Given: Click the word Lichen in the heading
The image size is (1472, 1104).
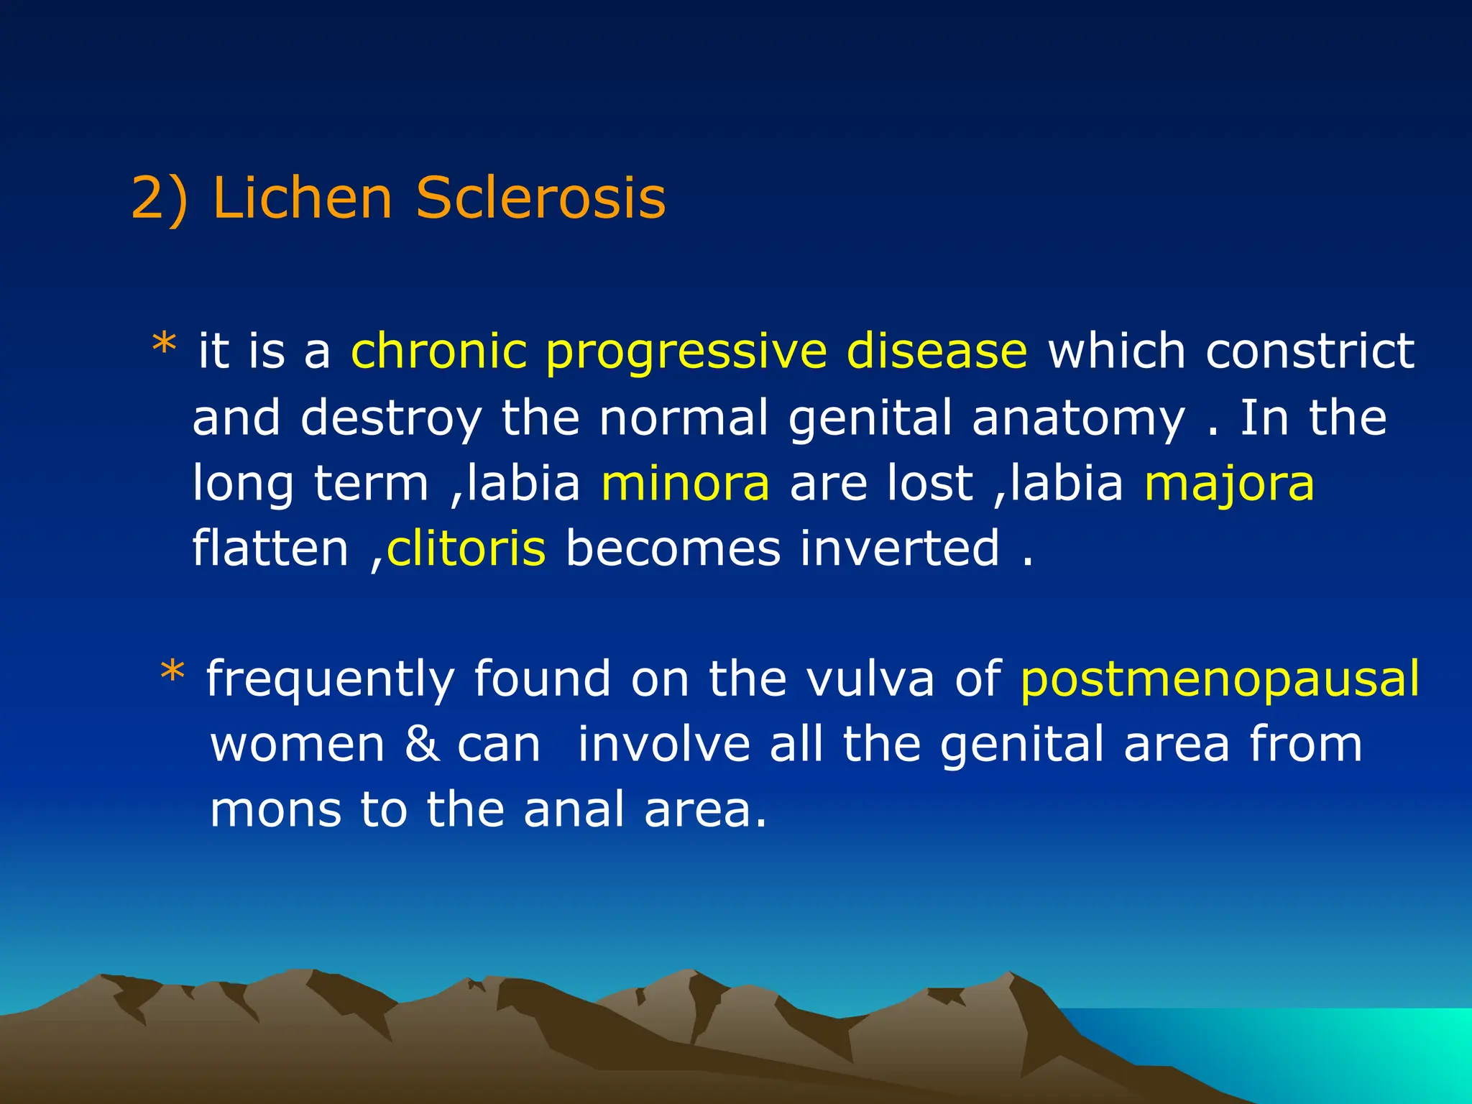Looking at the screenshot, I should [x=302, y=198].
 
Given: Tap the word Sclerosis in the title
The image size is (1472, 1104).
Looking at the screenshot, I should [x=540, y=198].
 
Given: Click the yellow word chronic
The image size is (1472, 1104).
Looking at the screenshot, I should [x=438, y=351].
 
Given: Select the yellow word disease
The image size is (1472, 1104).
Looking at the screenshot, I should [x=937, y=351].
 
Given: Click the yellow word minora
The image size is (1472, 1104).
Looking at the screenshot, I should [x=685, y=483].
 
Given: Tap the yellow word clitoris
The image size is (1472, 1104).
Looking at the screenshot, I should [x=466, y=548].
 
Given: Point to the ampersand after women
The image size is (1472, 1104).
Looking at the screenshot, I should [x=422, y=744].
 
